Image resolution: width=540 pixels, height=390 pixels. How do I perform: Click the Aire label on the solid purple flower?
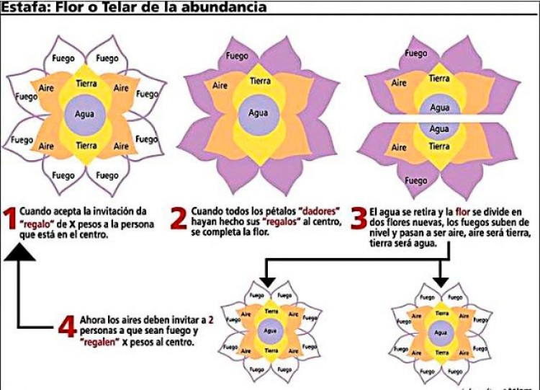click(x=220, y=86)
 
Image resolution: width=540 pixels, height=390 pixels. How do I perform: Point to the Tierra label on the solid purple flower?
click(x=260, y=81)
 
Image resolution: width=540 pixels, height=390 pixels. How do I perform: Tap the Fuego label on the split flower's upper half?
click(x=415, y=53)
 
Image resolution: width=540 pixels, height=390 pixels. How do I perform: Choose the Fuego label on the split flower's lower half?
click(x=415, y=181)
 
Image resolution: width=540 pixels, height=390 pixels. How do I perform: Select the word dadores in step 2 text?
click(x=307, y=211)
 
